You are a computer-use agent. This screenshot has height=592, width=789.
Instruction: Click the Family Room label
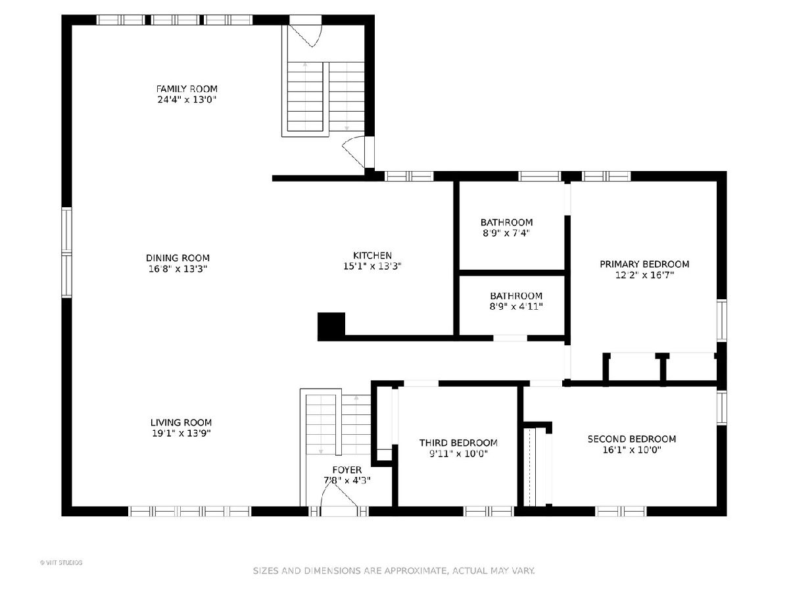coord(187,89)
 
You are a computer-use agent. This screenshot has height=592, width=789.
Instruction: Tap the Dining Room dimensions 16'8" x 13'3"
coord(178,268)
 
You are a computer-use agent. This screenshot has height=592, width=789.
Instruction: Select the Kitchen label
coord(372,256)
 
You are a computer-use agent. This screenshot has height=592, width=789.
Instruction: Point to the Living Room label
coord(181,422)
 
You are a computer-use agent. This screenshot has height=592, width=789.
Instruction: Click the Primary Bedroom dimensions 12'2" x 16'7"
coord(644,275)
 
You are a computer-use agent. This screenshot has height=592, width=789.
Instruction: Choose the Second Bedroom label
coord(632,439)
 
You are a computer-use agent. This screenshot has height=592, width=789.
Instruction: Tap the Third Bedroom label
coord(458,443)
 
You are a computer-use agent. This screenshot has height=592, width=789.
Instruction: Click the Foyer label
coord(347,470)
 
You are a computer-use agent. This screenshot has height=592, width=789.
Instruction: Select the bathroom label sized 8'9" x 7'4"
coord(506,222)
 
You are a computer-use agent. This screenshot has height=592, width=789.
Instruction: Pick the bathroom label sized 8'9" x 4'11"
coord(516,296)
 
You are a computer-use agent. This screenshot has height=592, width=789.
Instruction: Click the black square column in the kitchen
coord(331,326)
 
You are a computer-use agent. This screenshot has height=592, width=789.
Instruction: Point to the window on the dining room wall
coord(66,253)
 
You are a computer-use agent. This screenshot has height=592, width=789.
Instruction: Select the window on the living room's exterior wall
coord(190,511)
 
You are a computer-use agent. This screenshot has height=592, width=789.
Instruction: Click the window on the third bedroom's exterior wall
coord(489,511)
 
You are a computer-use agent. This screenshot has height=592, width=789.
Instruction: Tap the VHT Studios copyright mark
coord(61,562)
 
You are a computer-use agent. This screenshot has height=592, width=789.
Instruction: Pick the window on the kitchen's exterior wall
coord(409,176)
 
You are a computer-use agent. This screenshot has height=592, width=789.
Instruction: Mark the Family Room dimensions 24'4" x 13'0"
coord(187,99)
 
